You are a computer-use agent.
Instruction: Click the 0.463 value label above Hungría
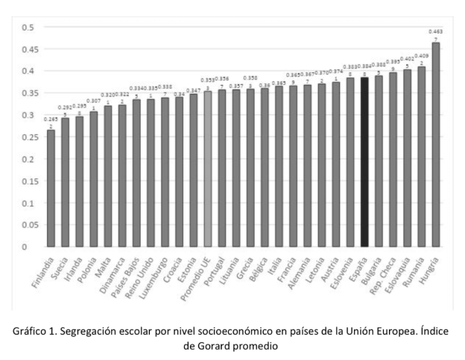pos(435,31)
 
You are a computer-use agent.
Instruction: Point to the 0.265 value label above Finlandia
pos(51,119)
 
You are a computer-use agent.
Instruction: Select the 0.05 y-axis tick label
pos(27,225)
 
